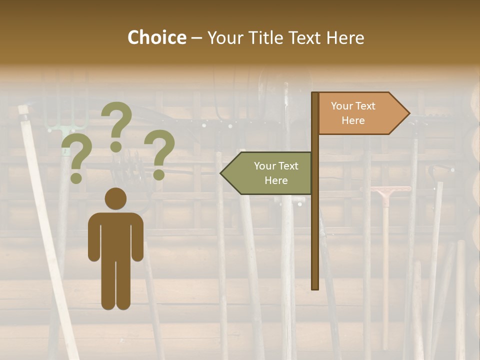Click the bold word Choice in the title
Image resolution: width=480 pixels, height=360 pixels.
pyautogui.click(x=156, y=37)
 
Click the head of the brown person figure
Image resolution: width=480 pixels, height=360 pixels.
pyautogui.click(x=115, y=198)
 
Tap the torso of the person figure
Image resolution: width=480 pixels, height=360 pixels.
pyautogui.click(x=115, y=235)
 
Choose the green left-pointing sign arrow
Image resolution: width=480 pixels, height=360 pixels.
pyautogui.click(x=270, y=173)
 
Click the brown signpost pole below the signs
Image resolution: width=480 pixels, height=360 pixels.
pyautogui.click(x=315, y=240)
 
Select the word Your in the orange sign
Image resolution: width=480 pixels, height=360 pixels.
pyautogui.click(x=342, y=106)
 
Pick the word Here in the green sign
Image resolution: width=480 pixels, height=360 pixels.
pyautogui.click(x=276, y=180)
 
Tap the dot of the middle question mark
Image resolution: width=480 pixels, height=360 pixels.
pyautogui.click(x=116, y=146)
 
